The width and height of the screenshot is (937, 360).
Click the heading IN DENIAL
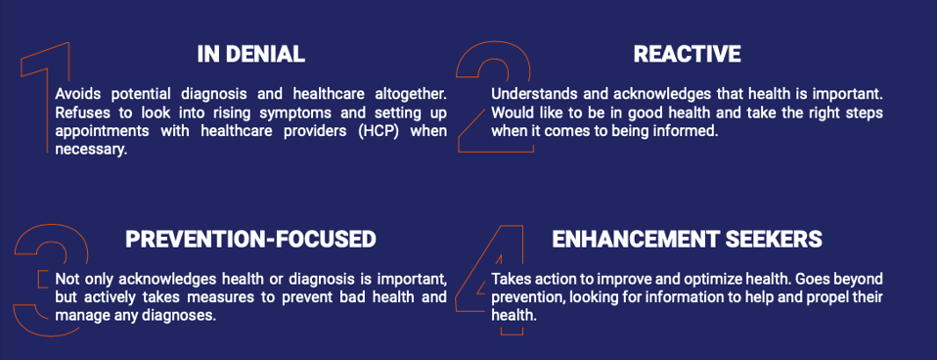[x=251, y=55]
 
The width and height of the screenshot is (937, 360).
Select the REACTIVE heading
[x=687, y=55]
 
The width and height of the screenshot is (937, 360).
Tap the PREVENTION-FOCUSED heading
[x=251, y=240]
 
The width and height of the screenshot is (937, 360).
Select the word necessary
[x=90, y=151]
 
